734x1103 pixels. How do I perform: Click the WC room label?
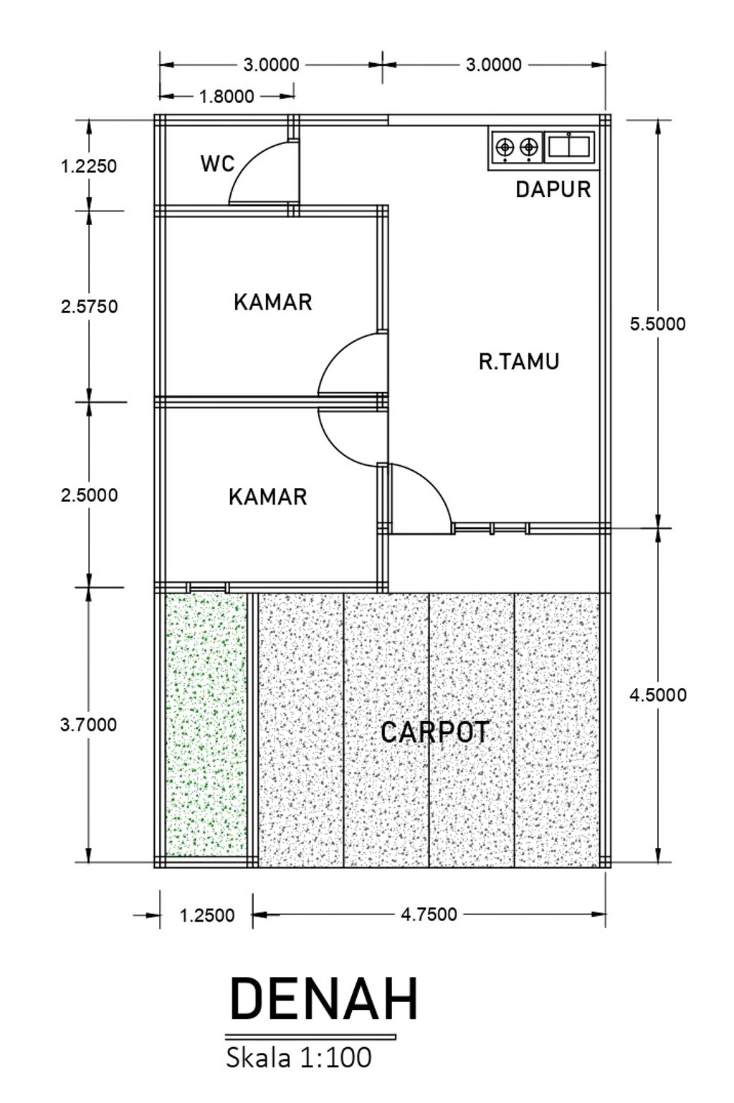point(218,163)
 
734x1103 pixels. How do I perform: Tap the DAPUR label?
point(553,190)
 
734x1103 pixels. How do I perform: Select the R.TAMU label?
point(519,361)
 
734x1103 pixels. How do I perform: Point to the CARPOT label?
point(435,732)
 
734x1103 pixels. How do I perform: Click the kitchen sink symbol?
point(569,147)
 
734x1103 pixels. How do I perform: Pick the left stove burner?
point(505,147)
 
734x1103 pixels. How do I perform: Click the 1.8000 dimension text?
point(227,97)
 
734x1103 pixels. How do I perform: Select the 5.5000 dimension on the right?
point(657,324)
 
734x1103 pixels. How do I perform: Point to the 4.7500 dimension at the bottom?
point(429,915)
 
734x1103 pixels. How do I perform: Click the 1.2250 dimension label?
point(89,166)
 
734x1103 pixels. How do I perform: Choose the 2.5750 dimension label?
point(89,307)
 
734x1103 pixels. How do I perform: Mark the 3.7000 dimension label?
point(89,725)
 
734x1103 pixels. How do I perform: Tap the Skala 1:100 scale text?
point(298,1058)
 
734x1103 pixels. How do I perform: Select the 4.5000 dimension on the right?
point(657,694)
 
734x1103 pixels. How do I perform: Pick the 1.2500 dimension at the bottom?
point(207,915)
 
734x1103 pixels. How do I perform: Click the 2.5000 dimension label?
point(89,495)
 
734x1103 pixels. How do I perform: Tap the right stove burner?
point(528,147)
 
